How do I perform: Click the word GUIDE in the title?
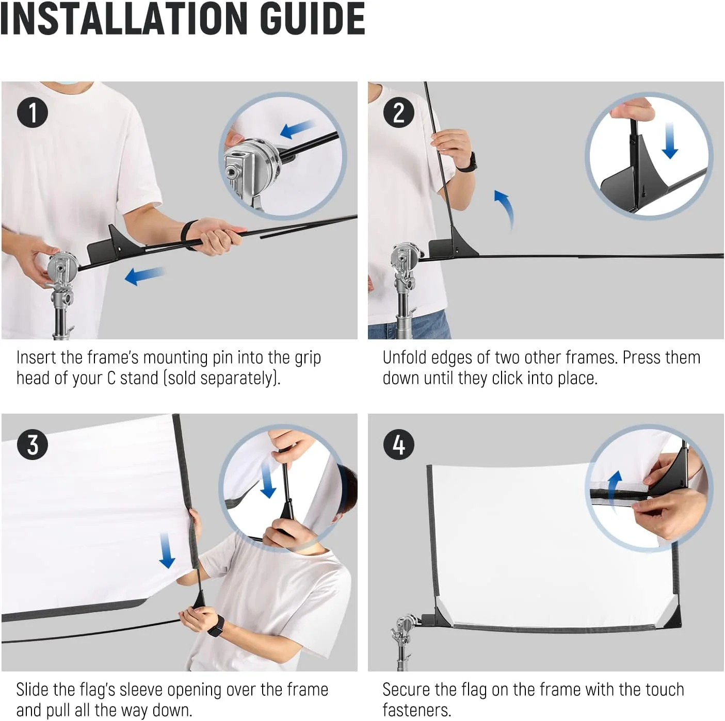313,18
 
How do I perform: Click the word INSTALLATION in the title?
124,18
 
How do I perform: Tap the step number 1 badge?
33,112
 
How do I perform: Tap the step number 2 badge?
398,112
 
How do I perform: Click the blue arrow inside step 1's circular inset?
297,129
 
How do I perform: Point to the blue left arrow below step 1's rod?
144,275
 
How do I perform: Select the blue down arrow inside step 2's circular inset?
670,141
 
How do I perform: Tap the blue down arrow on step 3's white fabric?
167,550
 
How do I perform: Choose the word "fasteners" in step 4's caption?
416,710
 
